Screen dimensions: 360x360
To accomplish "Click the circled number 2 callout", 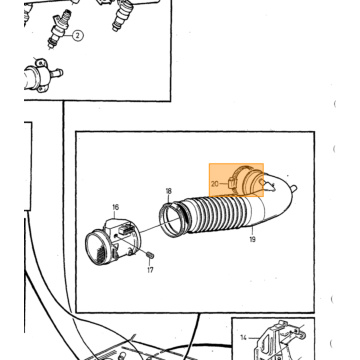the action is coord(77,35).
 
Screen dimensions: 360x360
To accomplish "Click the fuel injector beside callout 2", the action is coord(59,29).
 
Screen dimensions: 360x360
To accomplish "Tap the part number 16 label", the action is coord(115,207).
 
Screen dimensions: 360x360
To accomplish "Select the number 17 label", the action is coord(150,270).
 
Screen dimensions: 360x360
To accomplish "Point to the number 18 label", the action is coord(169,191).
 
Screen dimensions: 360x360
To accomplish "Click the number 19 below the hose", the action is coord(252,239).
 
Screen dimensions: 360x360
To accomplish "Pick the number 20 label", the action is coord(215,184).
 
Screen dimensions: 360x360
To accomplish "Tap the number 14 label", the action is coord(244,338).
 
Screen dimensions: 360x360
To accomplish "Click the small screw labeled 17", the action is coord(150,255).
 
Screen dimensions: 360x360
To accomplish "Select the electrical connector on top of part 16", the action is coord(124,229).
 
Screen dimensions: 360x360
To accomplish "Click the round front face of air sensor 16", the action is coord(96,249).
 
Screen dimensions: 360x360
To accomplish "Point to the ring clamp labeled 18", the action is coord(172,220).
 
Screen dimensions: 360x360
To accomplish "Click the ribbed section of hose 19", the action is coord(217,215).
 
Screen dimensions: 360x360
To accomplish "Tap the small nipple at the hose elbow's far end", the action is coord(294,188).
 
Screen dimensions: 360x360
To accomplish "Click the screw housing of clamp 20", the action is coord(231,183).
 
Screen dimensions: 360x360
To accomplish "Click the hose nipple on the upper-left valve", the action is coord(57,72).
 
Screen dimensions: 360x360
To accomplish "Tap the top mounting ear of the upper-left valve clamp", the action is coord(40,62).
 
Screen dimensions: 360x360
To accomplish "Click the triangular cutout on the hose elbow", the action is coord(269,186).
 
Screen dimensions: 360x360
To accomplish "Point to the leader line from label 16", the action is coord(115,214).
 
